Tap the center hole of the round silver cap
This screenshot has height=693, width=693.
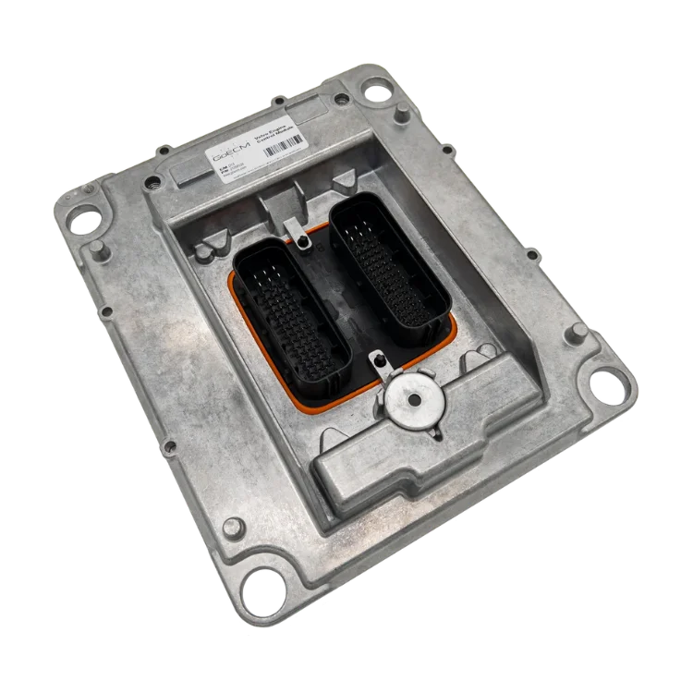click(413, 399)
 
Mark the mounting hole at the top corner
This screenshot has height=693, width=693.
click(375, 89)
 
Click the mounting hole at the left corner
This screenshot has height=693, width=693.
click(84, 219)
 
